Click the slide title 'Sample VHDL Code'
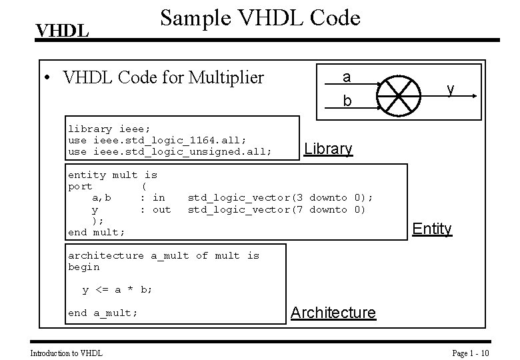click(x=260, y=17)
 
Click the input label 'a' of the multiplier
click(x=346, y=77)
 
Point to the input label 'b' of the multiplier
click(x=346, y=102)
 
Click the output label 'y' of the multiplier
click(x=451, y=89)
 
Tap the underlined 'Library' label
click(x=328, y=149)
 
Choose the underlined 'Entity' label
click(x=431, y=229)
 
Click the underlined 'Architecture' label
click(x=333, y=313)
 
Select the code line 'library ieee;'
click(x=109, y=129)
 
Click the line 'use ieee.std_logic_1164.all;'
click(x=157, y=140)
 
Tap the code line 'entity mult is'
click(x=113, y=175)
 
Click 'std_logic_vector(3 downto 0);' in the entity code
click(x=280, y=197)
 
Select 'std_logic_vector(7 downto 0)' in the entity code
click(x=277, y=209)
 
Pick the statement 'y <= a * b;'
click(x=117, y=290)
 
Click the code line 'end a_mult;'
click(x=103, y=313)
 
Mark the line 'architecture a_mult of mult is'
click(x=163, y=255)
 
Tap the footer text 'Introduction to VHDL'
click(x=67, y=352)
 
